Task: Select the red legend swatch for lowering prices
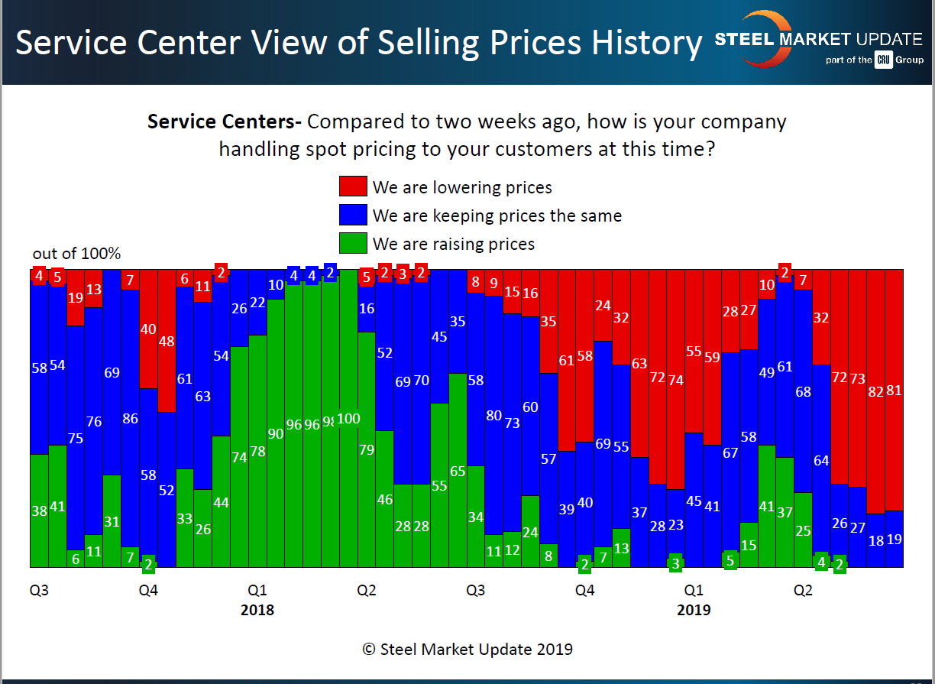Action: coord(353,186)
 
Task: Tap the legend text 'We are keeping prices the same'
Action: coord(497,216)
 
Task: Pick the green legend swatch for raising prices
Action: coord(353,244)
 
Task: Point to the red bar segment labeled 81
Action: coord(894,390)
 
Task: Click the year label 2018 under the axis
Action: coord(257,610)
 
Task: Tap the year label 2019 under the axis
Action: coord(694,610)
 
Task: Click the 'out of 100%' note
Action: coord(76,254)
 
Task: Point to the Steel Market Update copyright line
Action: coord(467,650)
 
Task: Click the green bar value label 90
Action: coord(276,433)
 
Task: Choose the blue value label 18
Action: coord(875,540)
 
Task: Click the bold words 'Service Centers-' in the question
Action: coord(225,122)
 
